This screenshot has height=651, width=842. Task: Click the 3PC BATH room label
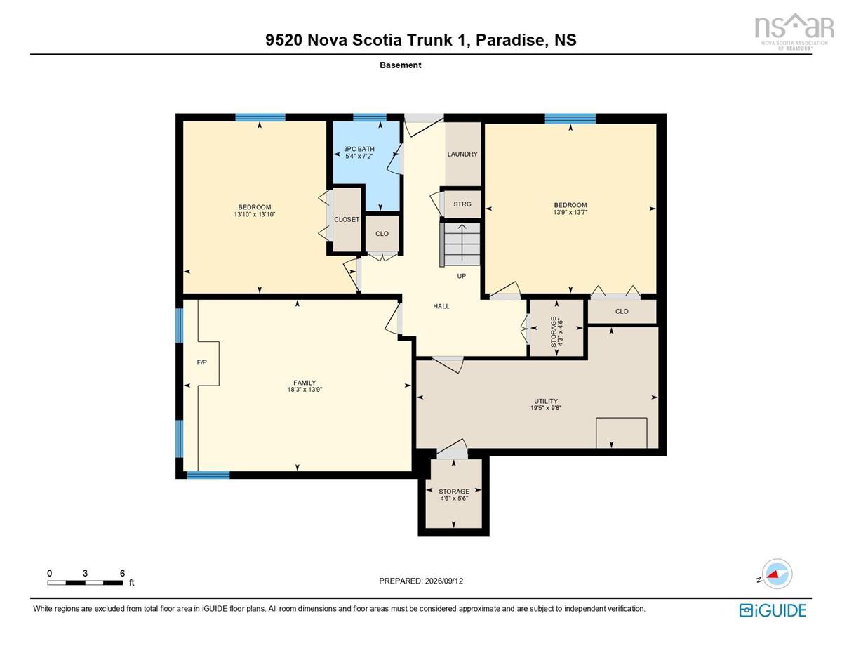click(359, 149)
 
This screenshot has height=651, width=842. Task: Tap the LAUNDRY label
click(462, 154)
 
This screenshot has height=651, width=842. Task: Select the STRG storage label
click(462, 204)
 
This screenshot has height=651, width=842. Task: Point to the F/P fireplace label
click(201, 362)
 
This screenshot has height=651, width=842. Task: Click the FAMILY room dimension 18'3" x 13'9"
click(305, 390)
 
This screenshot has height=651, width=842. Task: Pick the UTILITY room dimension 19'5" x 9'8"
click(546, 407)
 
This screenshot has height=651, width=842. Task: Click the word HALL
click(441, 306)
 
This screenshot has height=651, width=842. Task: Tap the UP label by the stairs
click(461, 276)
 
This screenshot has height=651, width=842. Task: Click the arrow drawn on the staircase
click(462, 242)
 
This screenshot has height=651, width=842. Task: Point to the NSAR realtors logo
click(791, 32)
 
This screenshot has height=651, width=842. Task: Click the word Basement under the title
click(400, 65)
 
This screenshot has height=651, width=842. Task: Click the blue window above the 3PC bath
click(370, 117)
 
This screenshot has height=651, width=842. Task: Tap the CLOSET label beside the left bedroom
click(347, 219)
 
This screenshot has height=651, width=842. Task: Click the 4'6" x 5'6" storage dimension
click(454, 498)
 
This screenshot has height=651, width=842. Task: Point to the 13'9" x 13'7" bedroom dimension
click(570, 212)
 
